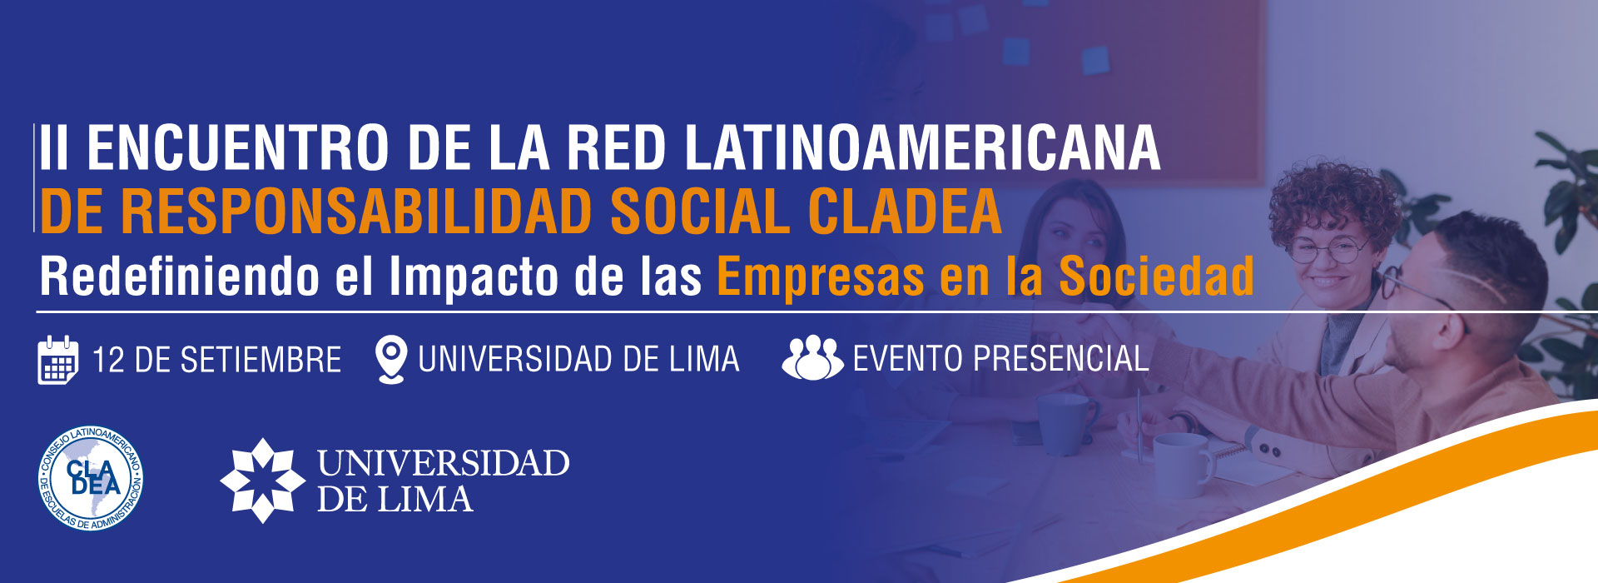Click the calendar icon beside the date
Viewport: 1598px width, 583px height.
click(58, 360)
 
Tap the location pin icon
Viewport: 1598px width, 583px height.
click(391, 359)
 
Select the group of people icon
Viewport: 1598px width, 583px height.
click(812, 358)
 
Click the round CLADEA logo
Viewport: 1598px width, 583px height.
click(92, 478)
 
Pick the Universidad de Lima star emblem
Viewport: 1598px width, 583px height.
click(263, 481)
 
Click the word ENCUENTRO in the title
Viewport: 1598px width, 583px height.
click(238, 148)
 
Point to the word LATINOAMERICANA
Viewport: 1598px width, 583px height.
click(922, 148)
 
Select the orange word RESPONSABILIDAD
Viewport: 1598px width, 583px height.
click(356, 212)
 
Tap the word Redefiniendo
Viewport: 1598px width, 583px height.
click(180, 276)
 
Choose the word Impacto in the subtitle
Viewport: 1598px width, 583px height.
click(474, 277)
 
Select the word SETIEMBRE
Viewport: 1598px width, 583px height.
click(261, 360)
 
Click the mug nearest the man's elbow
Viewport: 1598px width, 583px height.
click(1180, 465)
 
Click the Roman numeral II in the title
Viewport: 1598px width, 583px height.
click(54, 148)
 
